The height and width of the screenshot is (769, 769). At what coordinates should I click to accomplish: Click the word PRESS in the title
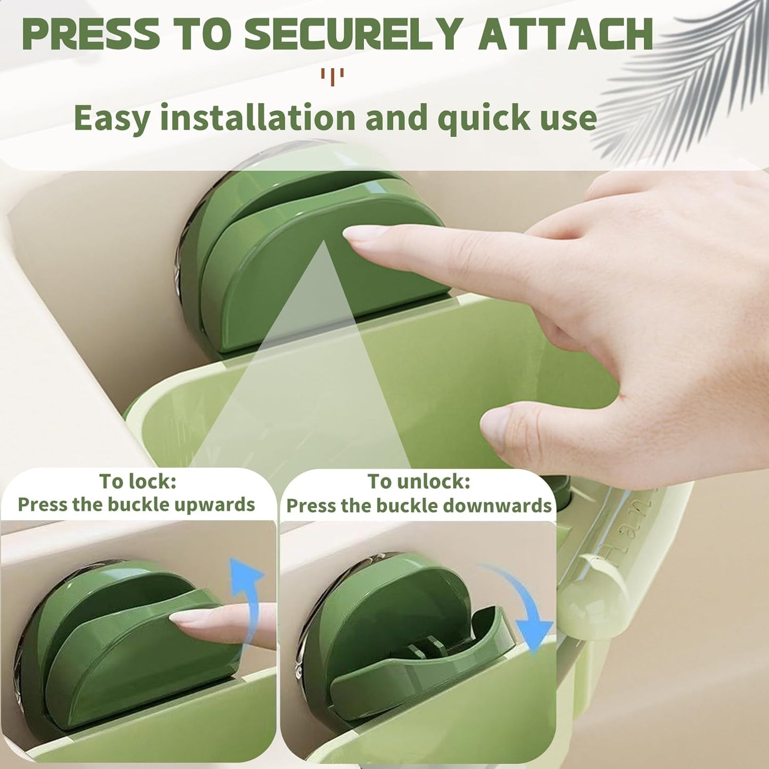90,34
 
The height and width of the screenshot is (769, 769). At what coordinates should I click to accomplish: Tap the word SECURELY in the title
352,34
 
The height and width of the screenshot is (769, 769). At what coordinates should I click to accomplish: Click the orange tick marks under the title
332,76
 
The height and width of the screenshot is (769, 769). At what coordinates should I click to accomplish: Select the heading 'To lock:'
137,481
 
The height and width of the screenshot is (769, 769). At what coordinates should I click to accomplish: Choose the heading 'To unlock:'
419,481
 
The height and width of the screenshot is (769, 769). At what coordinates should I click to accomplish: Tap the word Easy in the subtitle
112,119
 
